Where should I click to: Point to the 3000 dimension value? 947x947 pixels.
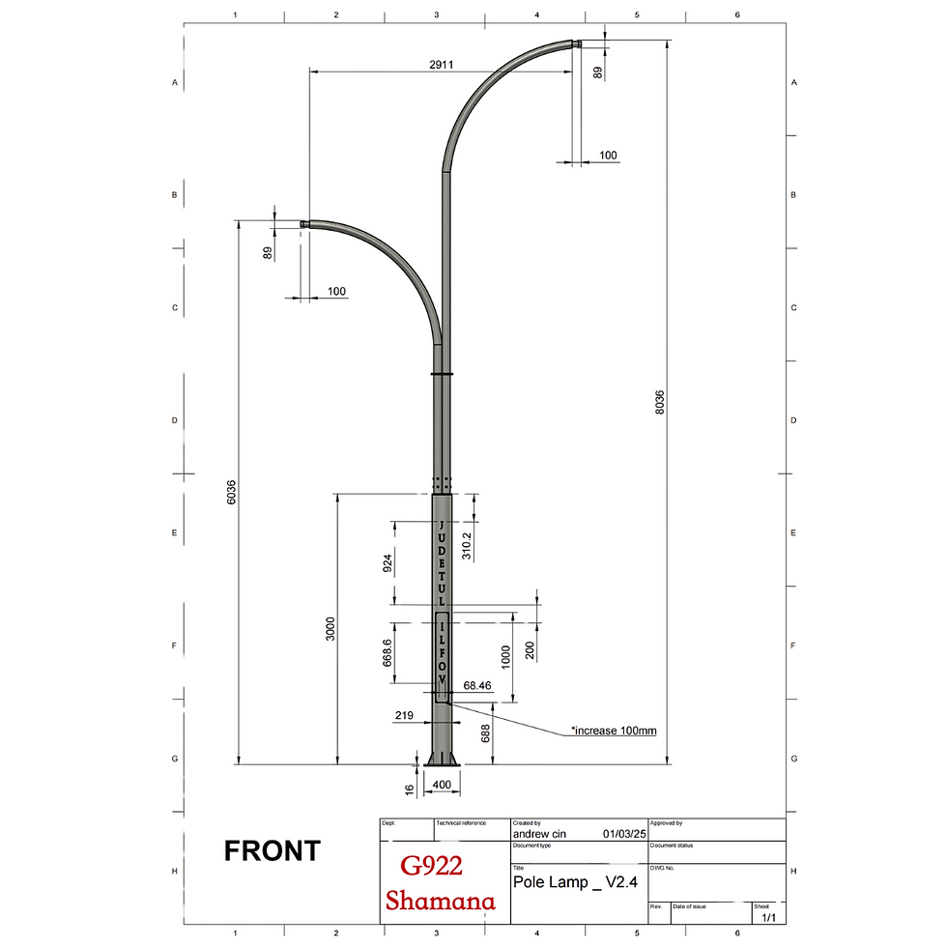tap(330, 630)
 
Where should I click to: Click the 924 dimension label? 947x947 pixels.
tap(387, 563)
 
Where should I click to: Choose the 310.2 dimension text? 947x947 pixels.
tap(467, 545)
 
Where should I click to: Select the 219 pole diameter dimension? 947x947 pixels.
tap(405, 716)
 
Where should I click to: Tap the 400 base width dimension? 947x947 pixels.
tap(442, 784)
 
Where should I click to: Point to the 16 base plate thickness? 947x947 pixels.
tap(409, 789)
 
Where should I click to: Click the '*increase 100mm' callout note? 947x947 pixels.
tap(613, 731)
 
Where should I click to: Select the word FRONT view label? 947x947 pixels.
tap(272, 851)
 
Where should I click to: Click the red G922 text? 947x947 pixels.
tap(430, 867)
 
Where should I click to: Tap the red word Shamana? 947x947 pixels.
tap(441, 901)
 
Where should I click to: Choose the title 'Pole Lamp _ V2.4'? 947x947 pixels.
tap(575, 883)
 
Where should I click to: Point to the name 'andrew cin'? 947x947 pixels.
tap(545, 832)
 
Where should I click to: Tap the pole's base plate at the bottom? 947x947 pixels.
tap(443, 765)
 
